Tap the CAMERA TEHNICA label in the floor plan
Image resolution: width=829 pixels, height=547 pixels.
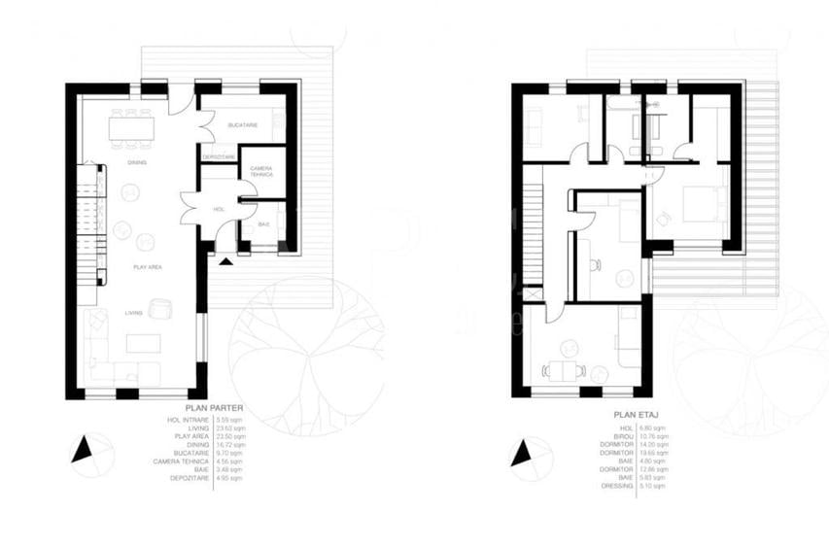click(261, 171)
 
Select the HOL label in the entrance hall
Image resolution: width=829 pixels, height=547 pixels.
click(218, 209)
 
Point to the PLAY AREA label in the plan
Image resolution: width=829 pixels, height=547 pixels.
click(148, 265)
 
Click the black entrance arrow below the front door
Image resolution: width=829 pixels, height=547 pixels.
click(227, 260)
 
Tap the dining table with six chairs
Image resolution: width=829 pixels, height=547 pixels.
click(133, 126)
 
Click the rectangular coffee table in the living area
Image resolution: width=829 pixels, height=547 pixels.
click(146, 344)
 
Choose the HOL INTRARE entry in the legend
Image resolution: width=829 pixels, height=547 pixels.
click(189, 419)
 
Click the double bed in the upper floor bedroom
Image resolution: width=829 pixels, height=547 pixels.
click(697, 204)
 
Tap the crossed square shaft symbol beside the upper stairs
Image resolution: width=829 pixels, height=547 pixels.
click(530, 293)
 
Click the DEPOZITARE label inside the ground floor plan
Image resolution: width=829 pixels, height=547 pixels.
click(219, 157)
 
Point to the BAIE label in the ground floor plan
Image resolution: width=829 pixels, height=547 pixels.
click(262, 224)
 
